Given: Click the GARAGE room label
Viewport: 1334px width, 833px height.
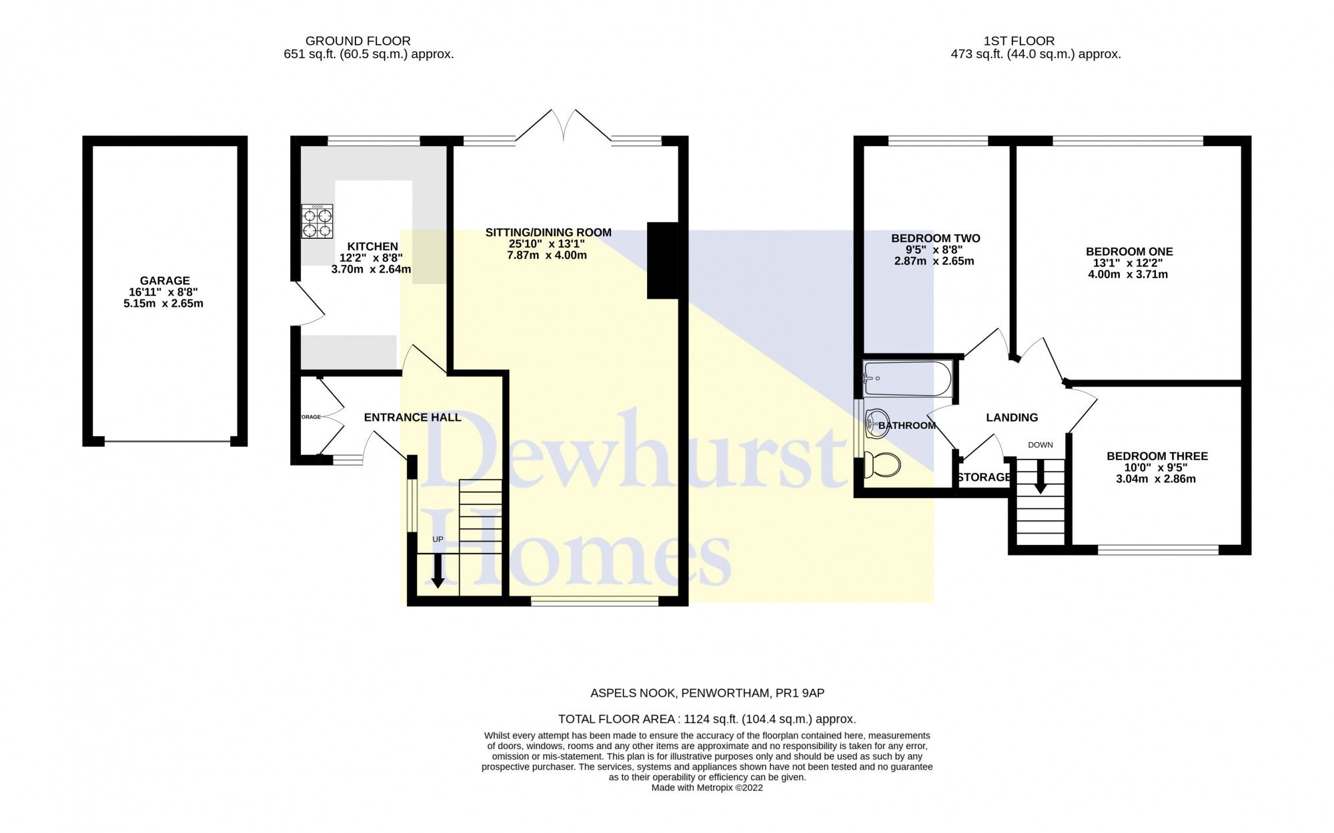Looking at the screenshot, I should click(164, 281).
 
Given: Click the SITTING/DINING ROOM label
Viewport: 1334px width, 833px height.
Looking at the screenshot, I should click(548, 233).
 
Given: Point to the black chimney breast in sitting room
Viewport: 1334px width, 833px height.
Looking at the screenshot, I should click(662, 260).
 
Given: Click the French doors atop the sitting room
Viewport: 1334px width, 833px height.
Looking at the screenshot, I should click(564, 127).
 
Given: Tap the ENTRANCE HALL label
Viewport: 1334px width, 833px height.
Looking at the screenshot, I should click(412, 418).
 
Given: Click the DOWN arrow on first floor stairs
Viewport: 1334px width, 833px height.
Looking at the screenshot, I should click(1040, 478).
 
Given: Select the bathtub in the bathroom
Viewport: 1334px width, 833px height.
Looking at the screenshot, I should click(907, 379).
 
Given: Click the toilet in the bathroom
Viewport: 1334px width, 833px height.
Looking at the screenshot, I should click(880, 464).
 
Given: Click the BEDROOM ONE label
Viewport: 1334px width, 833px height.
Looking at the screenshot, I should click(1129, 251).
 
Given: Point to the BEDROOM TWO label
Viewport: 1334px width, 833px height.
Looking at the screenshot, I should click(935, 238).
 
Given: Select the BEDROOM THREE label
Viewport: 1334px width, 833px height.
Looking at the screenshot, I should click(1157, 456).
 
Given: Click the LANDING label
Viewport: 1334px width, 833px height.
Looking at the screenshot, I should click(1012, 418).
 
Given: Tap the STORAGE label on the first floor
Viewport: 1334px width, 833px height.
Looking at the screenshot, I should click(984, 477).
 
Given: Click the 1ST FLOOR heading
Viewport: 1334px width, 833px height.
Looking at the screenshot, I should click(1019, 41).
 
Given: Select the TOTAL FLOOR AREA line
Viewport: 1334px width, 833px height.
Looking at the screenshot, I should click(706, 719).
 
